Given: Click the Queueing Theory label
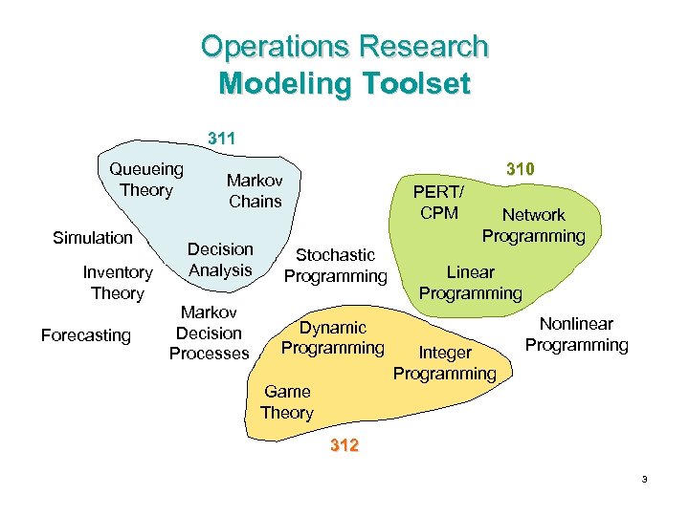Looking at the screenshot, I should tap(146, 180).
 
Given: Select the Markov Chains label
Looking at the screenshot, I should tap(255, 190).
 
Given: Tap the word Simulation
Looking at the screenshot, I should tap(93, 237).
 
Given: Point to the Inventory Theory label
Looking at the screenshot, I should tap(117, 283).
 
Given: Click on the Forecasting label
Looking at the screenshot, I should tap(85, 334).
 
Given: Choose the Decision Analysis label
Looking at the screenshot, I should tap(220, 260).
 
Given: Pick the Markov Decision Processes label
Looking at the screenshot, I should tap(209, 333).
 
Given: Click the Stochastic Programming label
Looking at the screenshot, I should tap(335, 266).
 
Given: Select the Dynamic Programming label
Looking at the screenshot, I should tap(333, 337).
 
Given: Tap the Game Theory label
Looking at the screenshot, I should tap(287, 402).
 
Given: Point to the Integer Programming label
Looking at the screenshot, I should tap(445, 363).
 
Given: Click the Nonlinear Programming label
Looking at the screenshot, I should tap(577, 334).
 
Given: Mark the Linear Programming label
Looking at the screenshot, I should tap(471, 283).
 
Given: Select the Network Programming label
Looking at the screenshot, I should tap(533, 226).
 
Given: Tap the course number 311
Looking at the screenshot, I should tap(223, 140).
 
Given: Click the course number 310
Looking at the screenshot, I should tap(520, 169).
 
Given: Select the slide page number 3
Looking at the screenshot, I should tap(645, 479).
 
